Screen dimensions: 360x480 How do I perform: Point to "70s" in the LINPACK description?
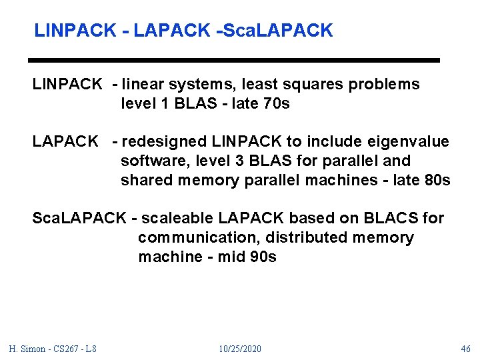tap(277, 104)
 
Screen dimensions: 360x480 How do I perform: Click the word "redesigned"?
tap(165, 142)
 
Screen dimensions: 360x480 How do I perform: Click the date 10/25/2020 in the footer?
tap(240, 349)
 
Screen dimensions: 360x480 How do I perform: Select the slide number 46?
tap(465, 349)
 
